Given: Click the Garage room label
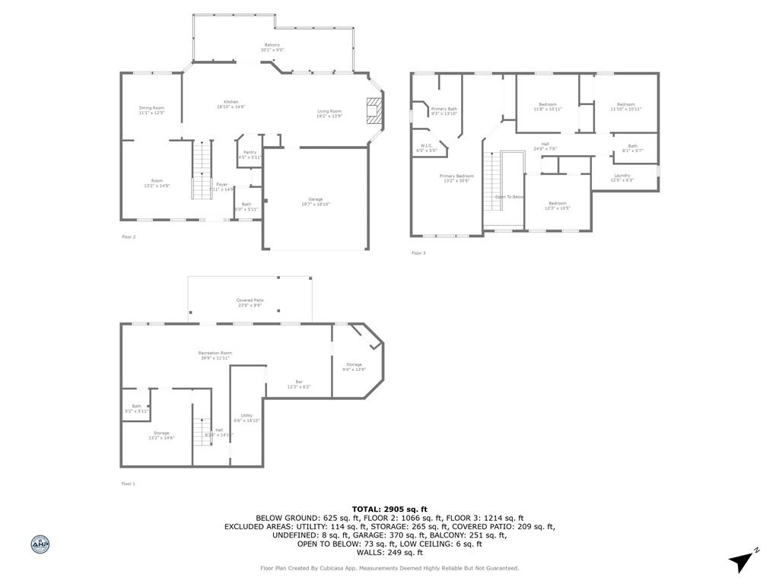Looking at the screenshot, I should click(315, 201).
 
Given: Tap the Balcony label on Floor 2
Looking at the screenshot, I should click(272, 47).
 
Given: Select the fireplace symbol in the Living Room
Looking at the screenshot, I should click(374, 109).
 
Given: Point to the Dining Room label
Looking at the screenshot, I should click(151, 110).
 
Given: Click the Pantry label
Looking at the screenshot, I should click(250, 154).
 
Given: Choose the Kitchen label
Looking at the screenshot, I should click(231, 104).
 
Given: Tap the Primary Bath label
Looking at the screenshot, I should click(444, 111).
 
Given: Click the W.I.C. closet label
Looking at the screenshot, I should click(426, 148).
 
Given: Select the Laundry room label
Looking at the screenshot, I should click(622, 178).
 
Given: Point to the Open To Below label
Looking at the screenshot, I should click(510, 197).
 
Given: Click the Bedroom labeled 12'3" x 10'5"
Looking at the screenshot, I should click(558, 205).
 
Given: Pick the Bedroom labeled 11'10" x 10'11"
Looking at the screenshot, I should click(625, 106).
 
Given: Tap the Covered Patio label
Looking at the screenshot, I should click(249, 303).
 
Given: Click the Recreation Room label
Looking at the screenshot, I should click(215, 355).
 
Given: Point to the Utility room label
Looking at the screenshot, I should click(246, 417).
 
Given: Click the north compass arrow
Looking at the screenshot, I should click(742, 560).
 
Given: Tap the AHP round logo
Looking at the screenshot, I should click(40, 544).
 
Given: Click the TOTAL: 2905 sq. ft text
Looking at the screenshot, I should click(389, 509).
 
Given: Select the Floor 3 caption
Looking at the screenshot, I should click(418, 253).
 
